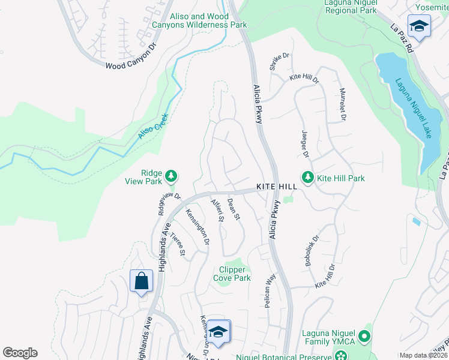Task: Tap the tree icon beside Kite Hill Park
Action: point(308,178)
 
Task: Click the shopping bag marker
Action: point(141,281)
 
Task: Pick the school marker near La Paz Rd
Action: point(418,26)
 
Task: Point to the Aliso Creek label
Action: point(151,126)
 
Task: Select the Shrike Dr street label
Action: point(279,62)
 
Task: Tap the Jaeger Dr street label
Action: point(305,146)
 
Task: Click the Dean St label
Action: point(234,209)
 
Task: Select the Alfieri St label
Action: point(217,211)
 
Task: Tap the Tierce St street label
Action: point(178,244)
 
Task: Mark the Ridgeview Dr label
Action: point(169,203)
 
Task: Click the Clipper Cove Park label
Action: point(232,274)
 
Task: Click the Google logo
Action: point(20,353)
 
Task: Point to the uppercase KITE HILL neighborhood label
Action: point(277,187)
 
